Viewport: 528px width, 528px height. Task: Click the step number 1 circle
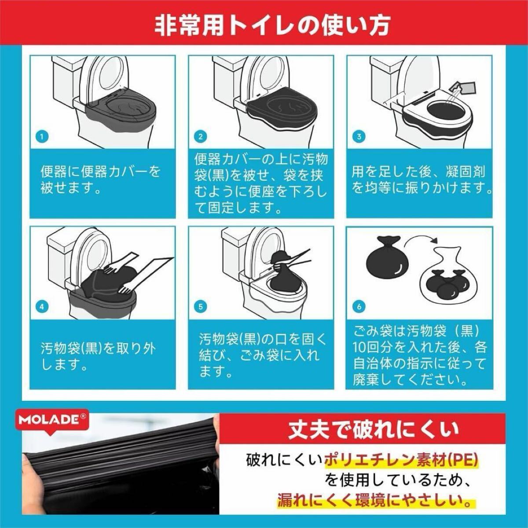[42, 136]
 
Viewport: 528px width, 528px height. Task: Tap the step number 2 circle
[200, 136]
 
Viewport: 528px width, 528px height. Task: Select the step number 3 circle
[359, 136]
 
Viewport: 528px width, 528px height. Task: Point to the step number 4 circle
[42, 307]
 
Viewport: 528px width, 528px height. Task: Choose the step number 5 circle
[200, 307]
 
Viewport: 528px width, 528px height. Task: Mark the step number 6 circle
[359, 307]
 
